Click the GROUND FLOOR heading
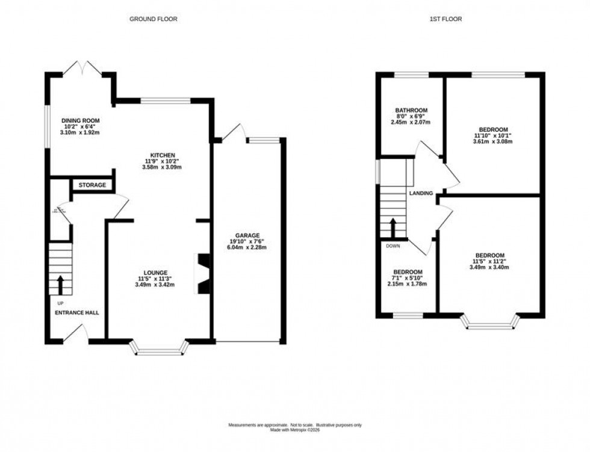click(x=154, y=19)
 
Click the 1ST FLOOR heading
click(x=445, y=19)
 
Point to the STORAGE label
click(x=92, y=185)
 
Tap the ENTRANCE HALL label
click(x=77, y=313)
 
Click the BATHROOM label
click(x=411, y=110)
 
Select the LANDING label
click(x=421, y=193)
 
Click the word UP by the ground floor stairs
click(x=60, y=303)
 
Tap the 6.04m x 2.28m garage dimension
click(x=247, y=247)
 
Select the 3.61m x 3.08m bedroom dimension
click(x=493, y=142)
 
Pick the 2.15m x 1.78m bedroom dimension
click(x=408, y=284)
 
